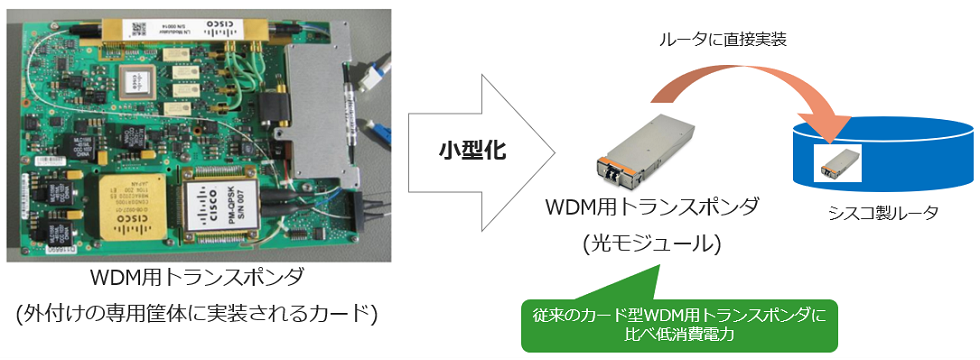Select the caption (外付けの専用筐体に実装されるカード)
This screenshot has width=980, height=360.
(195, 313)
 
